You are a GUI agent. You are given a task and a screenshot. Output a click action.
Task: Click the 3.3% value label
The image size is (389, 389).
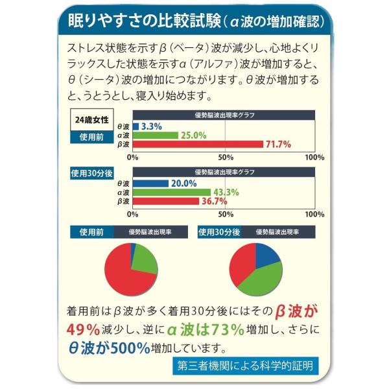tap(152, 126)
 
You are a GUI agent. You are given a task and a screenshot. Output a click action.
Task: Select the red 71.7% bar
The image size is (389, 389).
tap(198, 144)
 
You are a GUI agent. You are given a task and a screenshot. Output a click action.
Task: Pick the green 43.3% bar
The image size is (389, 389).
tap(172, 193)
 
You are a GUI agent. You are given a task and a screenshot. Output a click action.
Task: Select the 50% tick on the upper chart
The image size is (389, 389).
tap(226, 157)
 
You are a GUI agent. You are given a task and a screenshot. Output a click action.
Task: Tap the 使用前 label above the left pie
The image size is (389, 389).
tap(91, 232)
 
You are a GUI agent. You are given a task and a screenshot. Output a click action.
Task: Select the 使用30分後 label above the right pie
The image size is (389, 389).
tap(220, 232)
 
